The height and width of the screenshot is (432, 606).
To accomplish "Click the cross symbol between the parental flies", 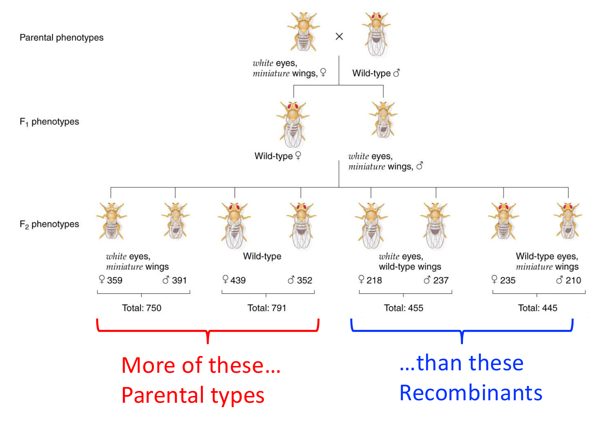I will pyautogui.click(x=339, y=36).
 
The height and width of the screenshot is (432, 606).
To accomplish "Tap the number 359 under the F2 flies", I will pyautogui.click(x=114, y=280).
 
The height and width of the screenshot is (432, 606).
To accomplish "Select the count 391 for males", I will pyautogui.click(x=179, y=280).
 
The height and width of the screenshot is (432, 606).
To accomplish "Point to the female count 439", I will pyautogui.click(x=238, y=280).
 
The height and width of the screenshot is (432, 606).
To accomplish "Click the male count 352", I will pyautogui.click(x=304, y=280).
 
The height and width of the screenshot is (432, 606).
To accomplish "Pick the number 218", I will pyautogui.click(x=374, y=280).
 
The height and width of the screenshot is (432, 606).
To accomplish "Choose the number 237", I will pyautogui.click(x=441, y=280).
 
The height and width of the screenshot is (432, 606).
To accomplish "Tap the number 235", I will pyautogui.click(x=508, y=280).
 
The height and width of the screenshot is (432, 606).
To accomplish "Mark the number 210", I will pyautogui.click(x=573, y=280).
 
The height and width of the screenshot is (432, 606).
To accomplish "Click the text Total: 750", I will pyautogui.click(x=142, y=308).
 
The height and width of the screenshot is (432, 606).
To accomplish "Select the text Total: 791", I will pyautogui.click(x=267, y=308).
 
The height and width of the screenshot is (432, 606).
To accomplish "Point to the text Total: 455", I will pyautogui.click(x=403, y=308).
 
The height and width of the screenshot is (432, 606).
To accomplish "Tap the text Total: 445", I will pyautogui.click(x=538, y=308).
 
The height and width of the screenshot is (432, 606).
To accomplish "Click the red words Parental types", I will pyautogui.click(x=193, y=395).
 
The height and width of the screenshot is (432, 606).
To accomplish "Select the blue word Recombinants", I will pyautogui.click(x=471, y=393).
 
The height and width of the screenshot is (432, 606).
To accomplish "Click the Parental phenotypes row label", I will pyautogui.click(x=61, y=37).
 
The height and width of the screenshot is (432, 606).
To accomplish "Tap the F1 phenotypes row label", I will pyautogui.click(x=49, y=122).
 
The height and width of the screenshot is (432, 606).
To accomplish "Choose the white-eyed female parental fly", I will pyautogui.click(x=303, y=32).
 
